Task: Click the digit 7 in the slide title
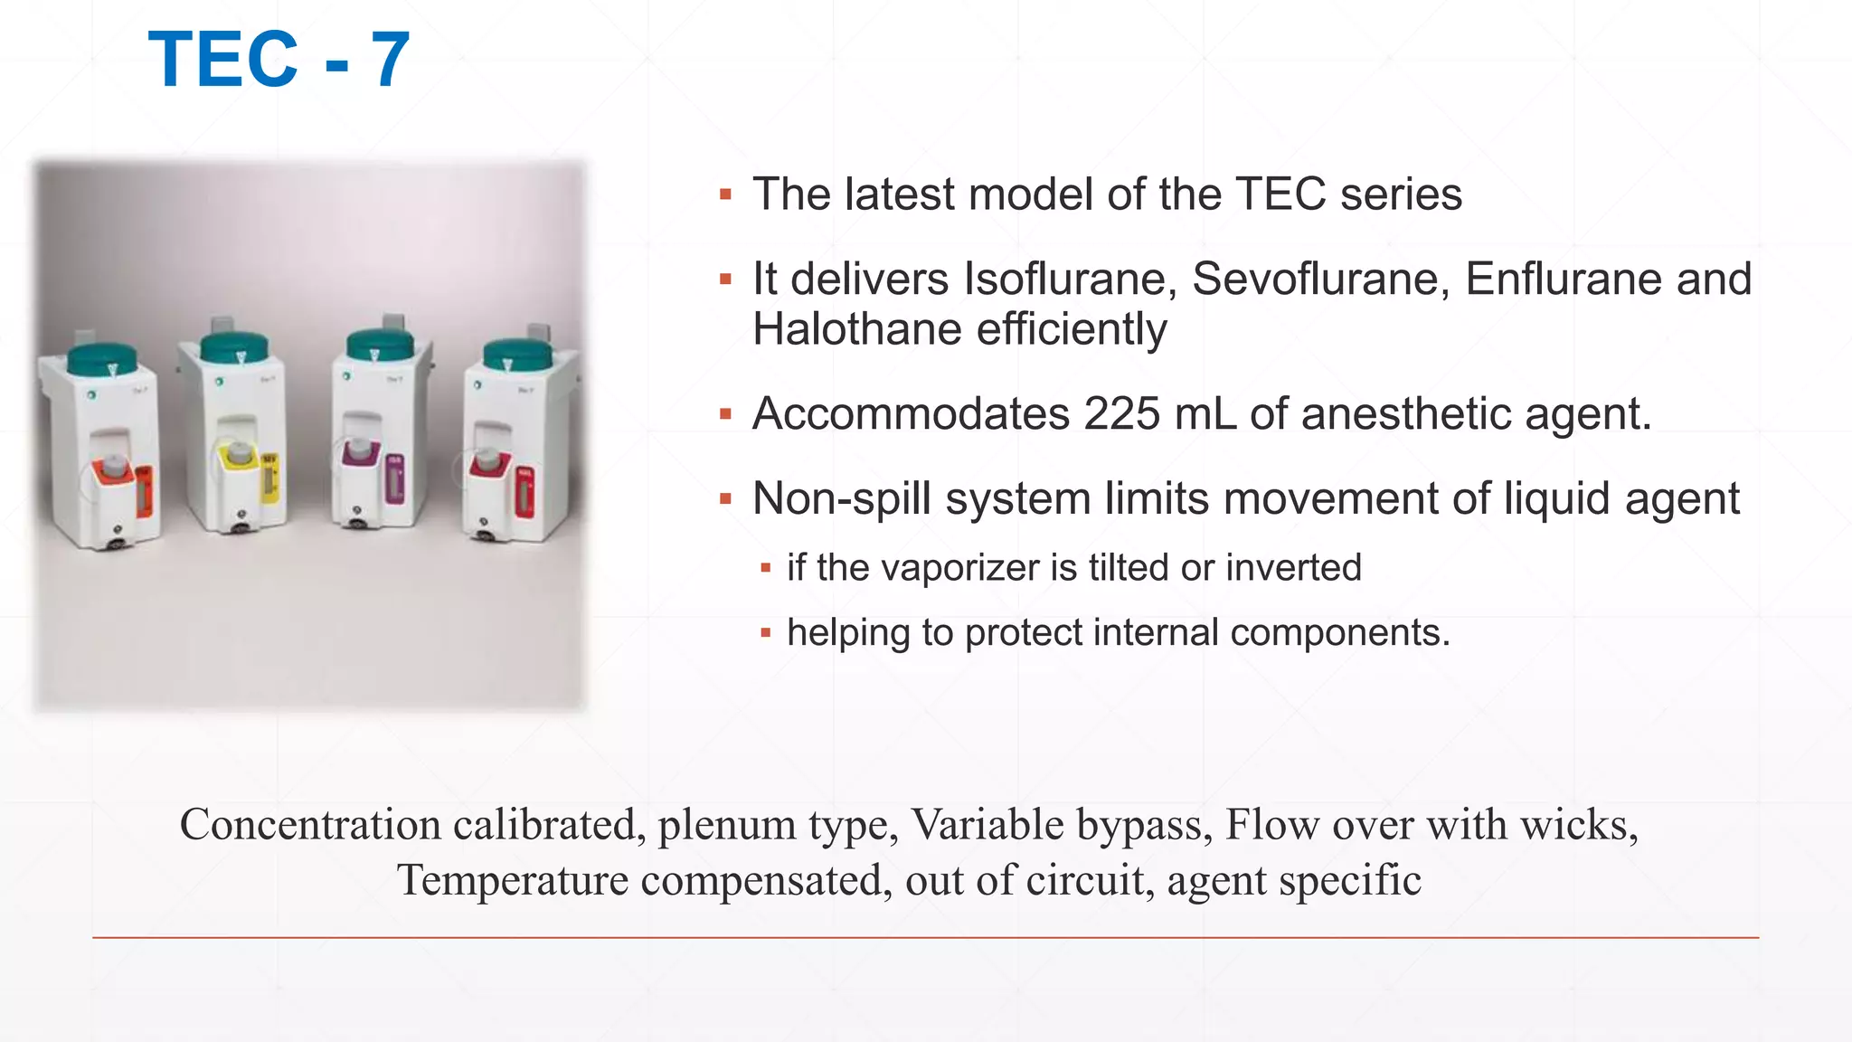coord(391,60)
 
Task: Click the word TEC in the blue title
coord(222,60)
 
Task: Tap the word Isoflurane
coord(1070,279)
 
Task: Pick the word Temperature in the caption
coord(513,880)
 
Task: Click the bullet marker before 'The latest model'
coord(725,194)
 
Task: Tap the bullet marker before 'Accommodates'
coord(725,414)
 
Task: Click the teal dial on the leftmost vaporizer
coord(102,357)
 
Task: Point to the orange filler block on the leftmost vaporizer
coord(110,477)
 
